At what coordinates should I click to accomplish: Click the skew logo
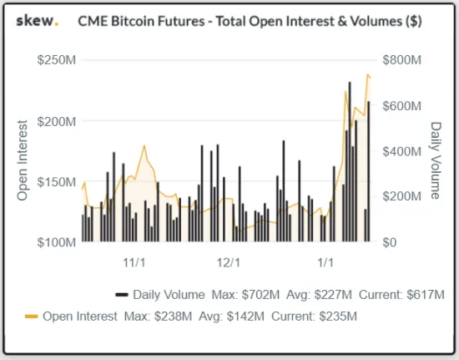pyautogui.click(x=38, y=21)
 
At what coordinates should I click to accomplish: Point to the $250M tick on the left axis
pyautogui.click(x=57, y=60)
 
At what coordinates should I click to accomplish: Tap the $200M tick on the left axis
pyautogui.click(x=57, y=121)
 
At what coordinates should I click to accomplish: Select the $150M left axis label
pyautogui.click(x=57, y=182)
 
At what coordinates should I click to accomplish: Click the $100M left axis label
pyautogui.click(x=57, y=242)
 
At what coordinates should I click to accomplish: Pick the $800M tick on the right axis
pyautogui.click(x=402, y=60)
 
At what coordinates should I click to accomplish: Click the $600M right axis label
pyautogui.click(x=402, y=106)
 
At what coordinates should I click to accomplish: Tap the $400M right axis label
pyautogui.click(x=402, y=151)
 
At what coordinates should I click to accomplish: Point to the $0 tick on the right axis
pyautogui.click(x=390, y=242)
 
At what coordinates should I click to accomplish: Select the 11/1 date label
pyautogui.click(x=134, y=263)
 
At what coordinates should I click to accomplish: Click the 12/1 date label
pyautogui.click(x=229, y=263)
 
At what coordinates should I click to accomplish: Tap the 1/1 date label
pyautogui.click(x=325, y=263)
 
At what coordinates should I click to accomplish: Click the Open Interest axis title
pyautogui.click(x=23, y=160)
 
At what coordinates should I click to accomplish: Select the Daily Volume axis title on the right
pyautogui.click(x=436, y=160)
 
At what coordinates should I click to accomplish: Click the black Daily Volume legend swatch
pyautogui.click(x=122, y=295)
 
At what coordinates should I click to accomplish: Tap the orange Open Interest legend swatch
pyautogui.click(x=32, y=317)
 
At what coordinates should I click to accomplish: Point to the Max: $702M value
pyautogui.click(x=245, y=295)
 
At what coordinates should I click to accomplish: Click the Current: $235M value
pyautogui.click(x=314, y=317)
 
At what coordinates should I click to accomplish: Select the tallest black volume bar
pyautogui.click(x=350, y=162)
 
